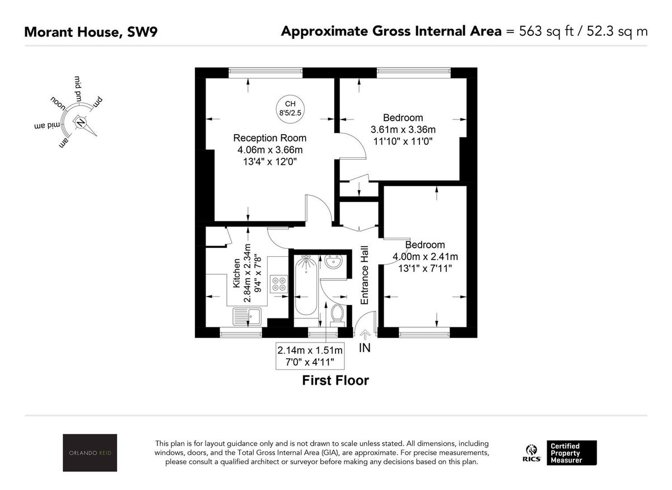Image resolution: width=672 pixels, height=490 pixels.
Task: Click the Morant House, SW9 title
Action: (91, 31)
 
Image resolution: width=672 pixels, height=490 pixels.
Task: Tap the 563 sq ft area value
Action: (542, 31)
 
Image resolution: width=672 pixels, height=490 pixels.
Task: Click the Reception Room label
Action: (269, 138)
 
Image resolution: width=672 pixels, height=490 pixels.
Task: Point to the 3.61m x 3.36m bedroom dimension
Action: (403, 129)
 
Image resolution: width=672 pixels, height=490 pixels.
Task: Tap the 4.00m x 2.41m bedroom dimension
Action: (425, 257)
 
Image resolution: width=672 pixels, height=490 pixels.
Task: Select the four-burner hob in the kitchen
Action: (278, 284)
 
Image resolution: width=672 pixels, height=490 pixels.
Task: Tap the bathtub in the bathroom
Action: (306, 286)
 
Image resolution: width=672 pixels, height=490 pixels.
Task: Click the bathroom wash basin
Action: (334, 262)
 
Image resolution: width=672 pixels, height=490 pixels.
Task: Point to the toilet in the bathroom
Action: (338, 315)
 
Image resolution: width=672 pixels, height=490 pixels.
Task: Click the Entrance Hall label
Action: (365, 275)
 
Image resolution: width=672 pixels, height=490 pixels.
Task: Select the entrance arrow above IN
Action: (365, 334)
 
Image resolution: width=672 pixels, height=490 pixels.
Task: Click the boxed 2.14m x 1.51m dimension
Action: (310, 355)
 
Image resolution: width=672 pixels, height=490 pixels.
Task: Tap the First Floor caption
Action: (335, 381)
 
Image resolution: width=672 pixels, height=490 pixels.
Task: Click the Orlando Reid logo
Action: (90, 452)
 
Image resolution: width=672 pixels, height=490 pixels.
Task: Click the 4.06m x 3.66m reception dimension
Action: (269, 150)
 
